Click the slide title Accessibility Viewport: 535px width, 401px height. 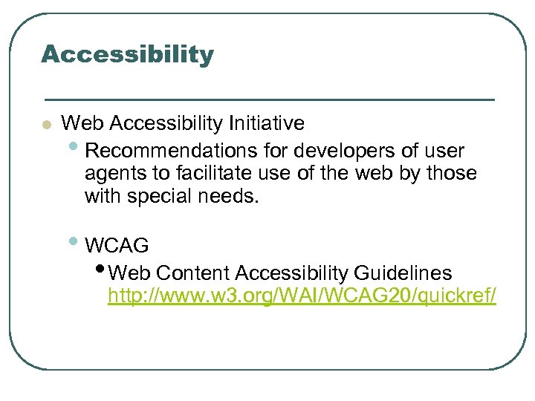[127, 54]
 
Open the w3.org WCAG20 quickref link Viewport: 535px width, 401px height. [302, 297]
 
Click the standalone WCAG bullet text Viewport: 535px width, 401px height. [117, 245]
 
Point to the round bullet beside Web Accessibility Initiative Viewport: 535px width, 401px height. [46, 125]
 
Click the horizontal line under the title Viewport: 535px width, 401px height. [269, 99]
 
